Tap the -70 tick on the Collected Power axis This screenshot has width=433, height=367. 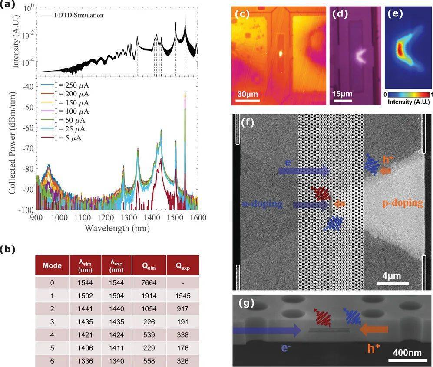tap(28, 148)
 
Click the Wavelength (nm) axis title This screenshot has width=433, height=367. tap(117, 228)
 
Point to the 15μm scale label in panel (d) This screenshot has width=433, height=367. tap(342, 94)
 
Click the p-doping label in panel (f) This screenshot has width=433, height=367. tap(401, 203)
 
